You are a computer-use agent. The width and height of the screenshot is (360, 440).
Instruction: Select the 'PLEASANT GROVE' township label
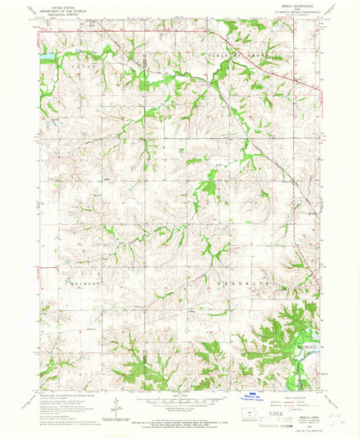coord(230,53)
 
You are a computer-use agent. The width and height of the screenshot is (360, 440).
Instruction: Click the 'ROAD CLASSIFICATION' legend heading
coord(284,397)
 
